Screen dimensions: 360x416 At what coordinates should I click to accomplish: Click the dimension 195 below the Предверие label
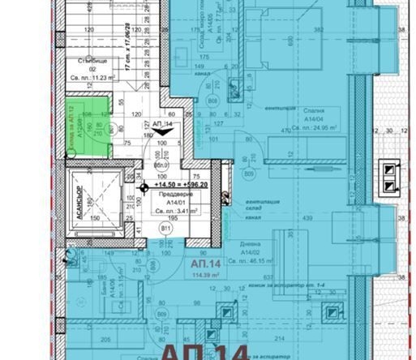171,217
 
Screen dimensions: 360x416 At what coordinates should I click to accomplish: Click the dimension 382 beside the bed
319,31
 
